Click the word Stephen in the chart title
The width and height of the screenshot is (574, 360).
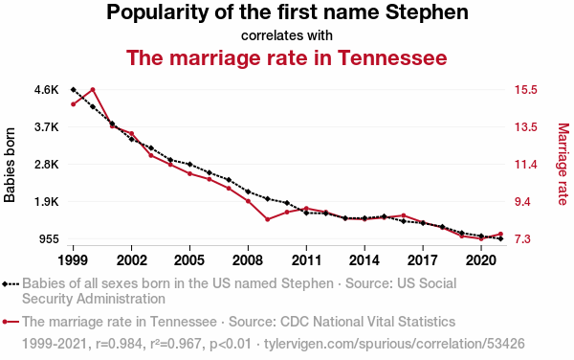(427, 12)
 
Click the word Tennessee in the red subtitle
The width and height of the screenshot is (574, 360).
(392, 57)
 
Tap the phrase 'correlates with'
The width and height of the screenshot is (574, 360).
(287, 35)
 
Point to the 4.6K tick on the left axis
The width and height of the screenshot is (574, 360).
(47, 90)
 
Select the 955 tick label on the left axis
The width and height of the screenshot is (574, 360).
(49, 239)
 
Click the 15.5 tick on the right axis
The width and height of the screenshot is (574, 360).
(525, 90)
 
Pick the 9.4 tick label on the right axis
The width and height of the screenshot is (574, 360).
(522, 202)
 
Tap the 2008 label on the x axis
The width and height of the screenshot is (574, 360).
(248, 260)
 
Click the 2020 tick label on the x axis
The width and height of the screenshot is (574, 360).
(481, 260)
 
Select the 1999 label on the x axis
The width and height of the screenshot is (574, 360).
(73, 260)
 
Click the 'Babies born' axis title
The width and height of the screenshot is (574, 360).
(10, 165)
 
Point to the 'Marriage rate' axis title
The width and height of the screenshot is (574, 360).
(563, 164)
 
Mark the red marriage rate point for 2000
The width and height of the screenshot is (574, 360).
(93, 90)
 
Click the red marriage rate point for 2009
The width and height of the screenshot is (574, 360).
(268, 219)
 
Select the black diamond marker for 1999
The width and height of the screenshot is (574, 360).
(74, 90)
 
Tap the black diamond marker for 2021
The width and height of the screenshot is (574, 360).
(500, 238)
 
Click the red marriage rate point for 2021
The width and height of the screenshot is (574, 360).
(500, 234)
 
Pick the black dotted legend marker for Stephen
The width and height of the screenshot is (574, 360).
(11, 283)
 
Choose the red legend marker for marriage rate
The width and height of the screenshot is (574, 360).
(11, 322)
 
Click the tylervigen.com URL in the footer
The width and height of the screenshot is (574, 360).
(394, 344)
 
